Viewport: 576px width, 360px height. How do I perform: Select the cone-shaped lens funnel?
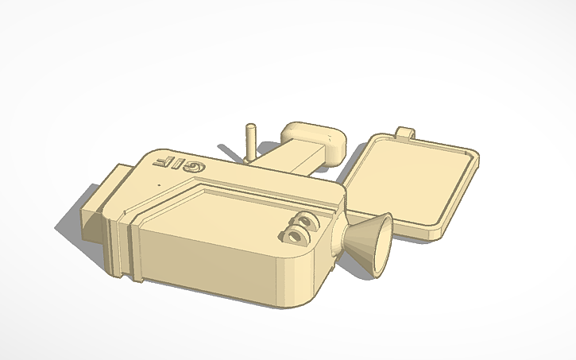coord(368,242)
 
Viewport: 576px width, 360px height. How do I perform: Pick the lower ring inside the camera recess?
coord(296,235)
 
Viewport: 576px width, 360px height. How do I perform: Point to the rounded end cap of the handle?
coord(318,140)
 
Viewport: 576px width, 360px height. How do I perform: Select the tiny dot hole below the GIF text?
coord(158,184)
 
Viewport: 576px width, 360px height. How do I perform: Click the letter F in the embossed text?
coord(163,161)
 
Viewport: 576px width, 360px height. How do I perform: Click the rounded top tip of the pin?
coord(250,126)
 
